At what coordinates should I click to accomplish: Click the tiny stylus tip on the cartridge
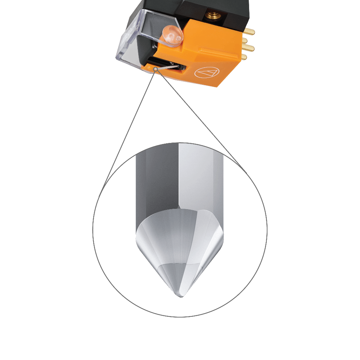click(155, 68)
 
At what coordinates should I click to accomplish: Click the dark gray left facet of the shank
click(157, 180)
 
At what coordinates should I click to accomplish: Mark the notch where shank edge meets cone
click(179, 208)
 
